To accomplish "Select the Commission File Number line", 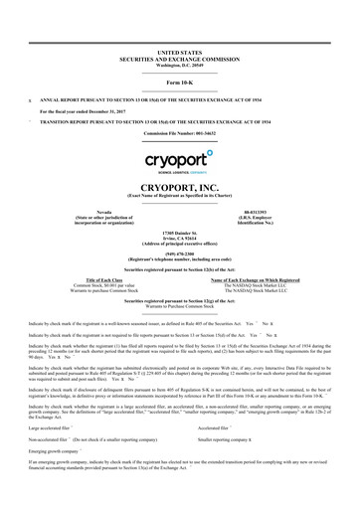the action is (x=180, y=132).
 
